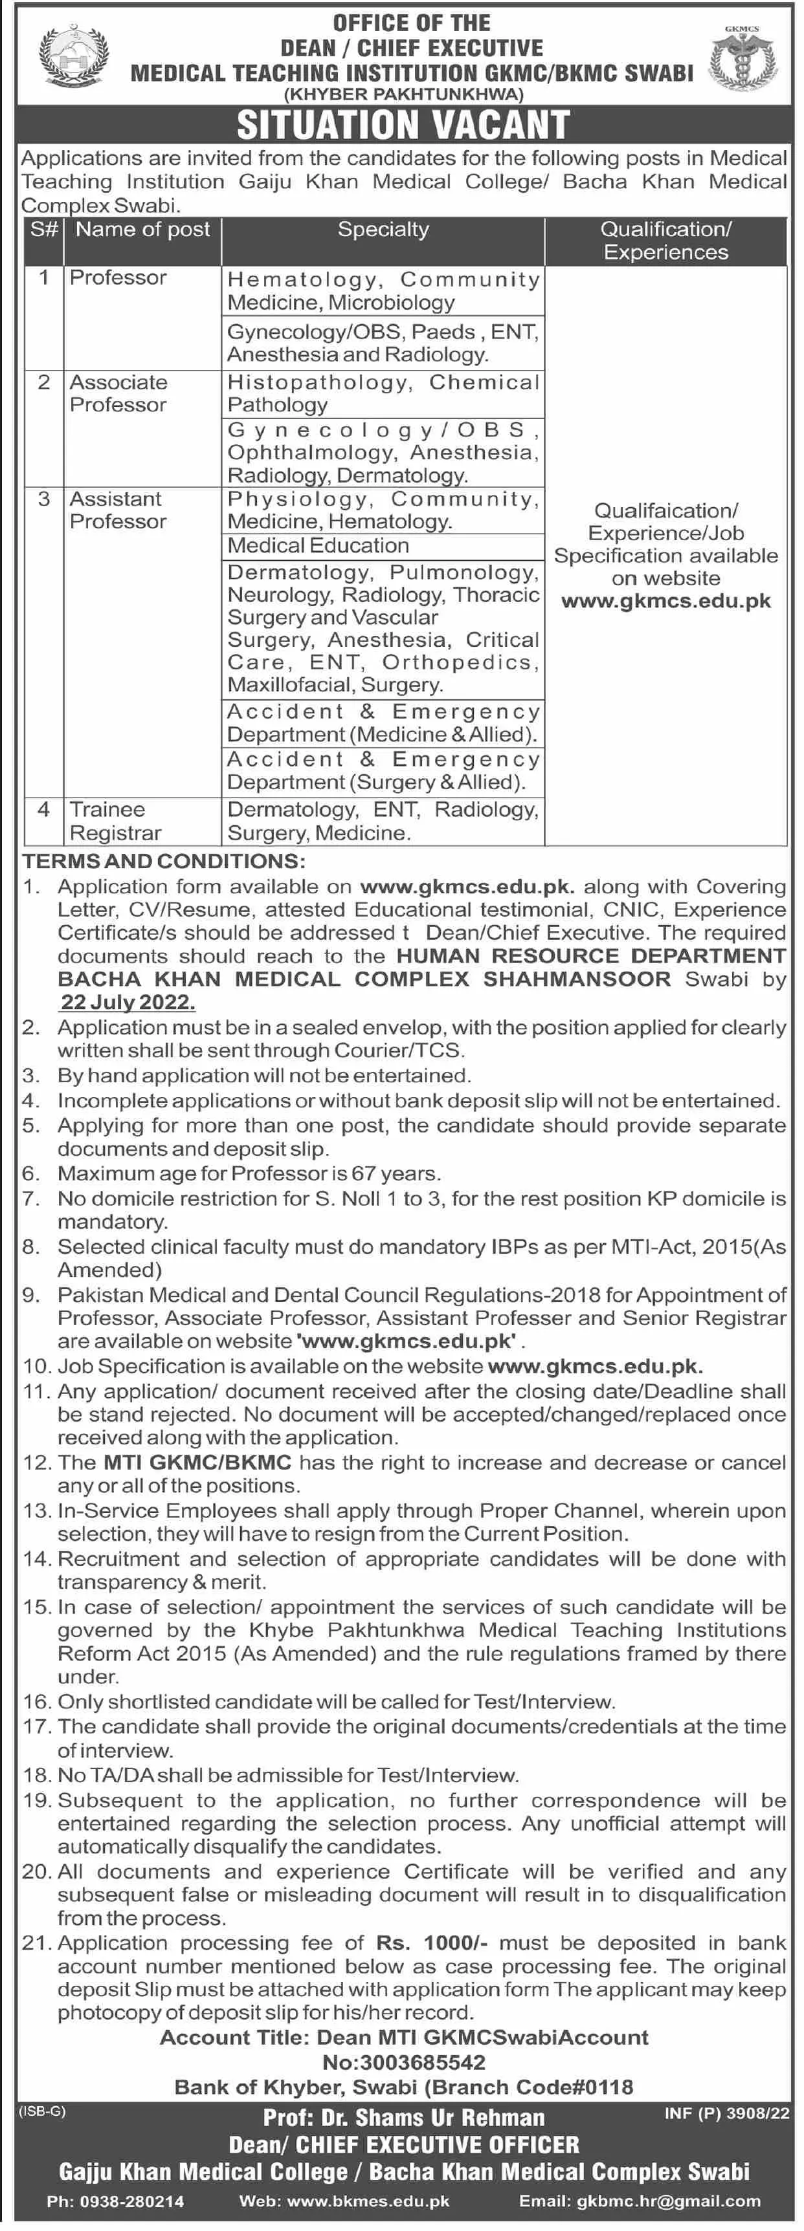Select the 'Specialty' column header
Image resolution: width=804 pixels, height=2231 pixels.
click(383, 230)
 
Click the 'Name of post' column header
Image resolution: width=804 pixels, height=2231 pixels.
click(142, 230)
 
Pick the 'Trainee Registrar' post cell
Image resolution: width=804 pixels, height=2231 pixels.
click(115, 820)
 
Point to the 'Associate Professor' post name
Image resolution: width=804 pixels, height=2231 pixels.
click(118, 393)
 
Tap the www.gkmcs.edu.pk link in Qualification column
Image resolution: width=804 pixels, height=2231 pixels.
click(665, 600)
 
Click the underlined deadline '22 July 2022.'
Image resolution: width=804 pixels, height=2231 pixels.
click(128, 1002)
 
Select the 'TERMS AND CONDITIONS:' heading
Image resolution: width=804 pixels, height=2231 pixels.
click(164, 861)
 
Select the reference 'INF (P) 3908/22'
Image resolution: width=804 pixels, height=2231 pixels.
click(726, 2113)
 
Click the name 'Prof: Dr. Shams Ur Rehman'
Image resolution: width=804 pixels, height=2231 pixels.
click(404, 2118)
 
